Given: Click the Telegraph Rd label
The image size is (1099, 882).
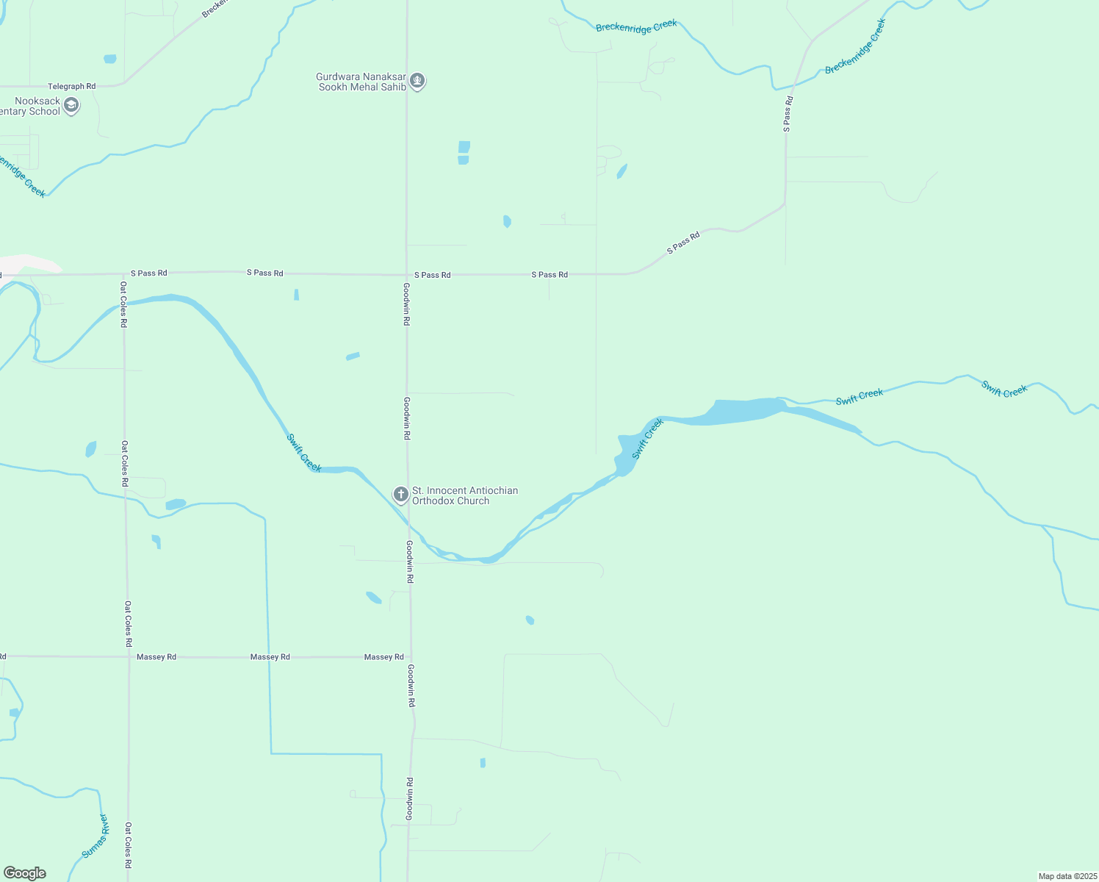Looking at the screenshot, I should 71,86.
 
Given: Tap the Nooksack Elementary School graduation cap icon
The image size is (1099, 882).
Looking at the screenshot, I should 71,105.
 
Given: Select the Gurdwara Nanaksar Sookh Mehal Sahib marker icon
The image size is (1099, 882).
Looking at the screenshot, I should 417,80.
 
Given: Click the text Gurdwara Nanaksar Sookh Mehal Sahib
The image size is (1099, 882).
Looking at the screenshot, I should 361,82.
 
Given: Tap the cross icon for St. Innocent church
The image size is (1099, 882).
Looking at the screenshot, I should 401,494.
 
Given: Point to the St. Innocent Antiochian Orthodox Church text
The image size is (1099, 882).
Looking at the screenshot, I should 464,495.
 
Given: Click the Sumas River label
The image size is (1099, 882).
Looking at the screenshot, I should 95,836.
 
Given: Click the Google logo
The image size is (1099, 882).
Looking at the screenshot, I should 25,873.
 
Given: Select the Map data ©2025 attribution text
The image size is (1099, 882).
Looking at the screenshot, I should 1067,876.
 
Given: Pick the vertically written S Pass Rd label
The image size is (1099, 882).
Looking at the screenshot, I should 787,114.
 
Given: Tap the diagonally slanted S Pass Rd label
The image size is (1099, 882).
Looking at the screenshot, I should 683,243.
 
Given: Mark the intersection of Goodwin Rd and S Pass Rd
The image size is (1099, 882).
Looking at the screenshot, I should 406,274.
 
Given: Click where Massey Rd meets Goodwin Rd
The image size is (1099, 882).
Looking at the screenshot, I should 411,656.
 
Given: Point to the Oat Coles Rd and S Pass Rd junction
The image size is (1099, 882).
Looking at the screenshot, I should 123,273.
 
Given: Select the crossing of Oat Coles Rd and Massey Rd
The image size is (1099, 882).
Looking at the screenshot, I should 129,656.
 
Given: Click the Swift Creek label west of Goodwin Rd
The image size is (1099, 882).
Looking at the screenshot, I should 304,453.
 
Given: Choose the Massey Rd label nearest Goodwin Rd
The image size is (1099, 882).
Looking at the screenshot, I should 383,657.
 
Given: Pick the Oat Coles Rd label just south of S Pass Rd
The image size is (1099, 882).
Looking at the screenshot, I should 123,304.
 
